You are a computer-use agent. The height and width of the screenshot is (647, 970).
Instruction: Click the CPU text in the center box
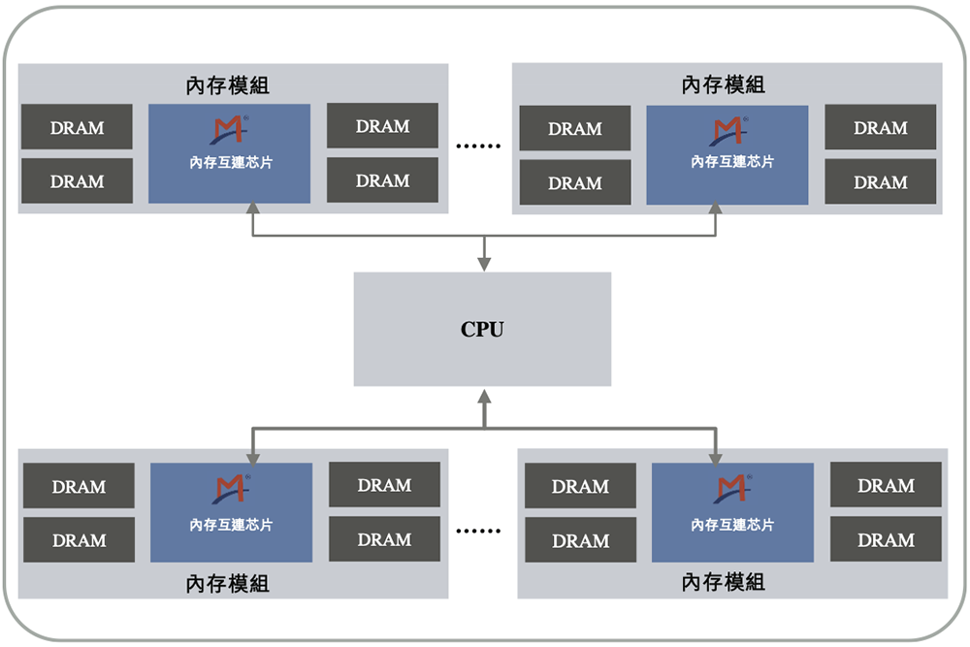(482, 329)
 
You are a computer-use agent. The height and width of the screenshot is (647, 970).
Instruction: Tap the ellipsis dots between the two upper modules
(478, 146)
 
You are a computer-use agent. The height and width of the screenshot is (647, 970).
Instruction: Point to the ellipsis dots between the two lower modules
(478, 531)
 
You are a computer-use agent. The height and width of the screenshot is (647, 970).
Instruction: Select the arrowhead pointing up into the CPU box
(483, 395)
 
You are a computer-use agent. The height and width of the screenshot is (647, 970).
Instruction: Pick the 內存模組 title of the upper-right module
(724, 84)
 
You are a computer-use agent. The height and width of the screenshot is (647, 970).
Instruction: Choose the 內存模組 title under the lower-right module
(724, 583)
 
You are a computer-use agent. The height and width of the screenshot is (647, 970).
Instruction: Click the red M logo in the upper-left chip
(230, 130)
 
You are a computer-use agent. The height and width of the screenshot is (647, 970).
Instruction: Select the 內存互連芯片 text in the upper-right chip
(727, 162)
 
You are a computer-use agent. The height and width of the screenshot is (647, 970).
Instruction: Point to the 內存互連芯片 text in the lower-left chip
(231, 525)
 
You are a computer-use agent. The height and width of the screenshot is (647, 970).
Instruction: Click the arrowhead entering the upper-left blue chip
(252, 210)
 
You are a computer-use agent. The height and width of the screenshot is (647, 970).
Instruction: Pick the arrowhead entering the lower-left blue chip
(252, 456)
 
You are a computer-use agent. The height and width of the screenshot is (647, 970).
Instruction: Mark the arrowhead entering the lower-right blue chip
(717, 456)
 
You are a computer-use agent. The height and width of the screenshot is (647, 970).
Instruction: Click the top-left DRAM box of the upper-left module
(77, 127)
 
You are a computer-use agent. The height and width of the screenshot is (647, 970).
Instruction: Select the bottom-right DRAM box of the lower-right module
(886, 539)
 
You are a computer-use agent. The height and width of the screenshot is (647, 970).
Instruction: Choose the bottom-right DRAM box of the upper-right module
(880, 181)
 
